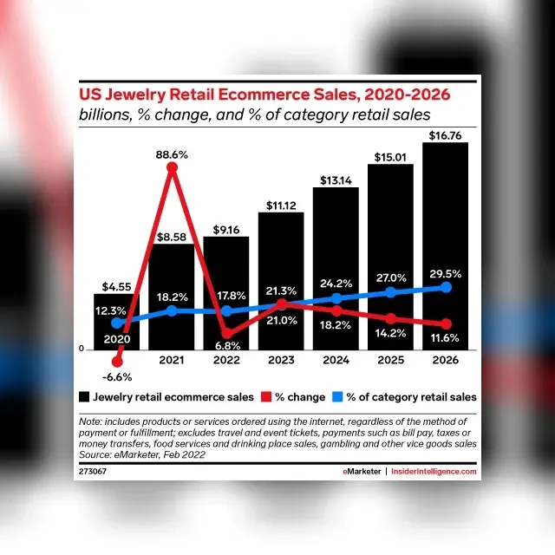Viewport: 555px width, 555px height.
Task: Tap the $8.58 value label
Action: (x=172, y=235)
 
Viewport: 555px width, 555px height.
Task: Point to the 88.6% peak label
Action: (x=172, y=154)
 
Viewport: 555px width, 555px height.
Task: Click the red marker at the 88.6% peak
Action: (x=172, y=168)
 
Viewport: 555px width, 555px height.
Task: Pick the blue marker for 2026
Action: (x=447, y=287)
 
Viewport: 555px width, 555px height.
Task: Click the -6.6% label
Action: (x=117, y=377)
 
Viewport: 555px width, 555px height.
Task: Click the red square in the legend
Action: (x=266, y=397)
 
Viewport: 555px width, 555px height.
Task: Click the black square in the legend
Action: (x=83, y=397)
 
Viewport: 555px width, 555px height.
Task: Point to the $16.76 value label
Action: (x=446, y=134)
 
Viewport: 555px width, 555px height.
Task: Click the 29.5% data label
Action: (x=446, y=273)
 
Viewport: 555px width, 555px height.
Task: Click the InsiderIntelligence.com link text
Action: (x=434, y=472)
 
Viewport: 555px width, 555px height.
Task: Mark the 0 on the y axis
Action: (x=81, y=349)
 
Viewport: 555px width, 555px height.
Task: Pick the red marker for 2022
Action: (x=226, y=333)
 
